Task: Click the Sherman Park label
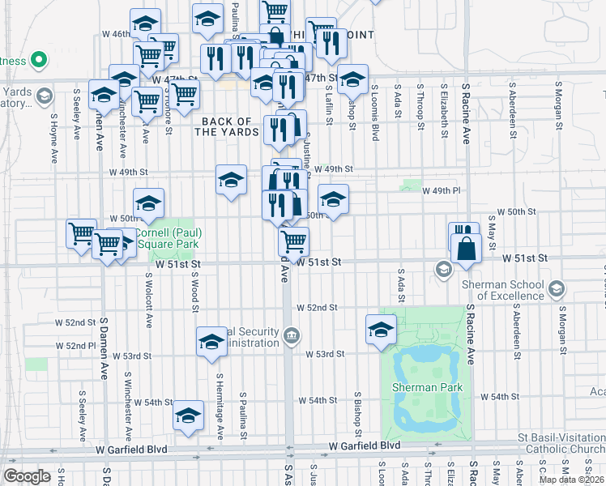point(427,387)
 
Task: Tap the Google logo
point(27,476)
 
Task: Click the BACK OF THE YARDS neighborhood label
point(229,126)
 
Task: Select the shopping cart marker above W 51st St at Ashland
point(293,241)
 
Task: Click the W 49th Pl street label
point(442,190)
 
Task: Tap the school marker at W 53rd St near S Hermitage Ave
point(211,342)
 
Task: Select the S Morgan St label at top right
point(558,105)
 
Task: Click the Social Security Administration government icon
point(292,335)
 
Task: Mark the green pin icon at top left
point(37,60)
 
